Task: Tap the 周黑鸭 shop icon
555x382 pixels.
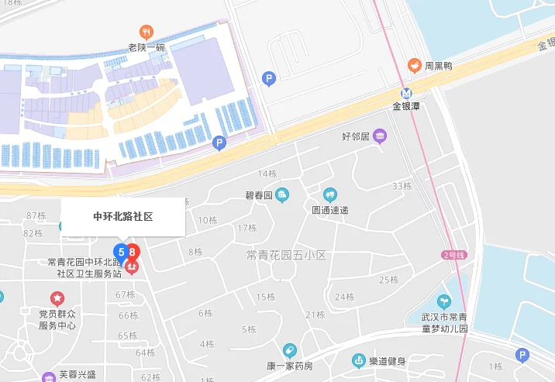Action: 415,67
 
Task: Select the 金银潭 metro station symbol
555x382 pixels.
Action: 406,92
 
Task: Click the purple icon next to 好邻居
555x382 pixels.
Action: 379,137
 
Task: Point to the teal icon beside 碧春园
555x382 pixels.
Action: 282,194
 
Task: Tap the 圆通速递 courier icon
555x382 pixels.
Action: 330,194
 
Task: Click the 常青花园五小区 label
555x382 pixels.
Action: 286,254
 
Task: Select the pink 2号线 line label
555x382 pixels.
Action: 453,254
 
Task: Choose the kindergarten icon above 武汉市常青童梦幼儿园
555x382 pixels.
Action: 443,301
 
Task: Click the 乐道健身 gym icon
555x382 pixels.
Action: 358,360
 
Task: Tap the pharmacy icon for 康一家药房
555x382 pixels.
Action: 289,350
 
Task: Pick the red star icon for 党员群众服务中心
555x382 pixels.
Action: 57,298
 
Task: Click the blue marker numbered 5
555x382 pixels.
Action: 121,252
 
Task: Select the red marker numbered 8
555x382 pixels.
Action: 133,252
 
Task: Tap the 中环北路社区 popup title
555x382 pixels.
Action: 123,217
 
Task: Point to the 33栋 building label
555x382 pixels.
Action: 402,186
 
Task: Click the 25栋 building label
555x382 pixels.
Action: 388,280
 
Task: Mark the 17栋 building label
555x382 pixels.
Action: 247,228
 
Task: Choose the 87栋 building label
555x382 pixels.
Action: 36,215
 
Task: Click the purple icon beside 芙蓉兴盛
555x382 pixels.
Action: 49,376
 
